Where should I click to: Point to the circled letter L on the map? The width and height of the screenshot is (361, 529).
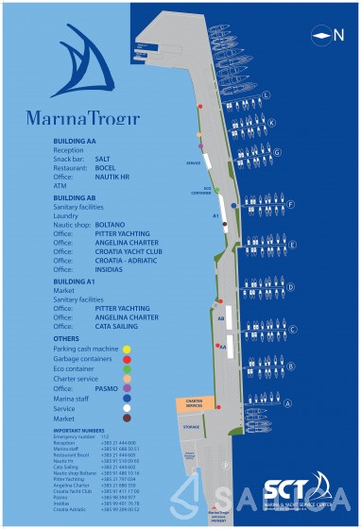[x=267, y=94]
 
